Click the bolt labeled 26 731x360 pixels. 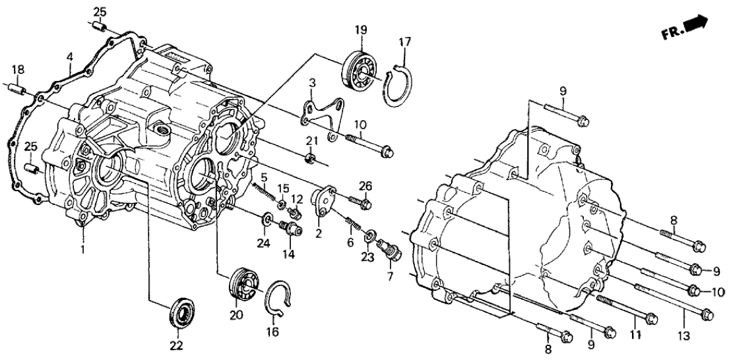coord(360,200)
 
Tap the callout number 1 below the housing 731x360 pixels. coord(83,251)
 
